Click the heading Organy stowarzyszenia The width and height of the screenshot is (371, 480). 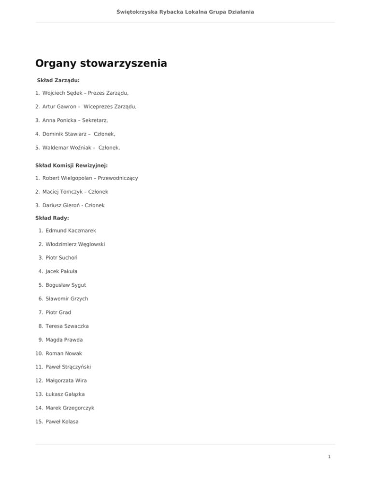(101, 63)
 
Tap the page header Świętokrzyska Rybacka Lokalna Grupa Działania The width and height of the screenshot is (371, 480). (185, 11)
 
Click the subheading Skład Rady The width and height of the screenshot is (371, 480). (52, 218)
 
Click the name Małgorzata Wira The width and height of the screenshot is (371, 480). (66, 381)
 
